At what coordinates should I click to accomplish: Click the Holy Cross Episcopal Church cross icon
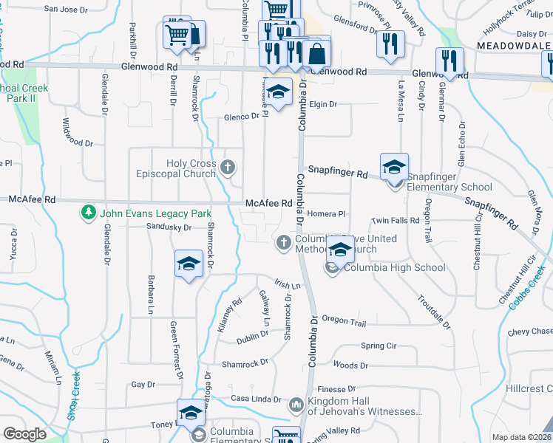[x=228, y=168]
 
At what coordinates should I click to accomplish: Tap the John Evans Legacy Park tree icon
[x=88, y=213]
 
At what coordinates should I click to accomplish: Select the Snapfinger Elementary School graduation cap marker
[x=394, y=167]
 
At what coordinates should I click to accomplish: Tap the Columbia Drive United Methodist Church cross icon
[x=283, y=242]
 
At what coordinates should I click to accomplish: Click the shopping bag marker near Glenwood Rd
[x=316, y=53]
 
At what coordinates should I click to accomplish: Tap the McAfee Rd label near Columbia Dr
[x=264, y=203]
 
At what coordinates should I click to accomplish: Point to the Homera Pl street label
[x=326, y=214]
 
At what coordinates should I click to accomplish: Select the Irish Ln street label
[x=288, y=285]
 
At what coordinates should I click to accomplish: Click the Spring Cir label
[x=379, y=346]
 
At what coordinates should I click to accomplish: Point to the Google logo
[x=24, y=434]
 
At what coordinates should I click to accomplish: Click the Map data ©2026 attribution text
[x=521, y=437]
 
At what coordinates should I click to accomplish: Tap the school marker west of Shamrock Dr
[x=189, y=264]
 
